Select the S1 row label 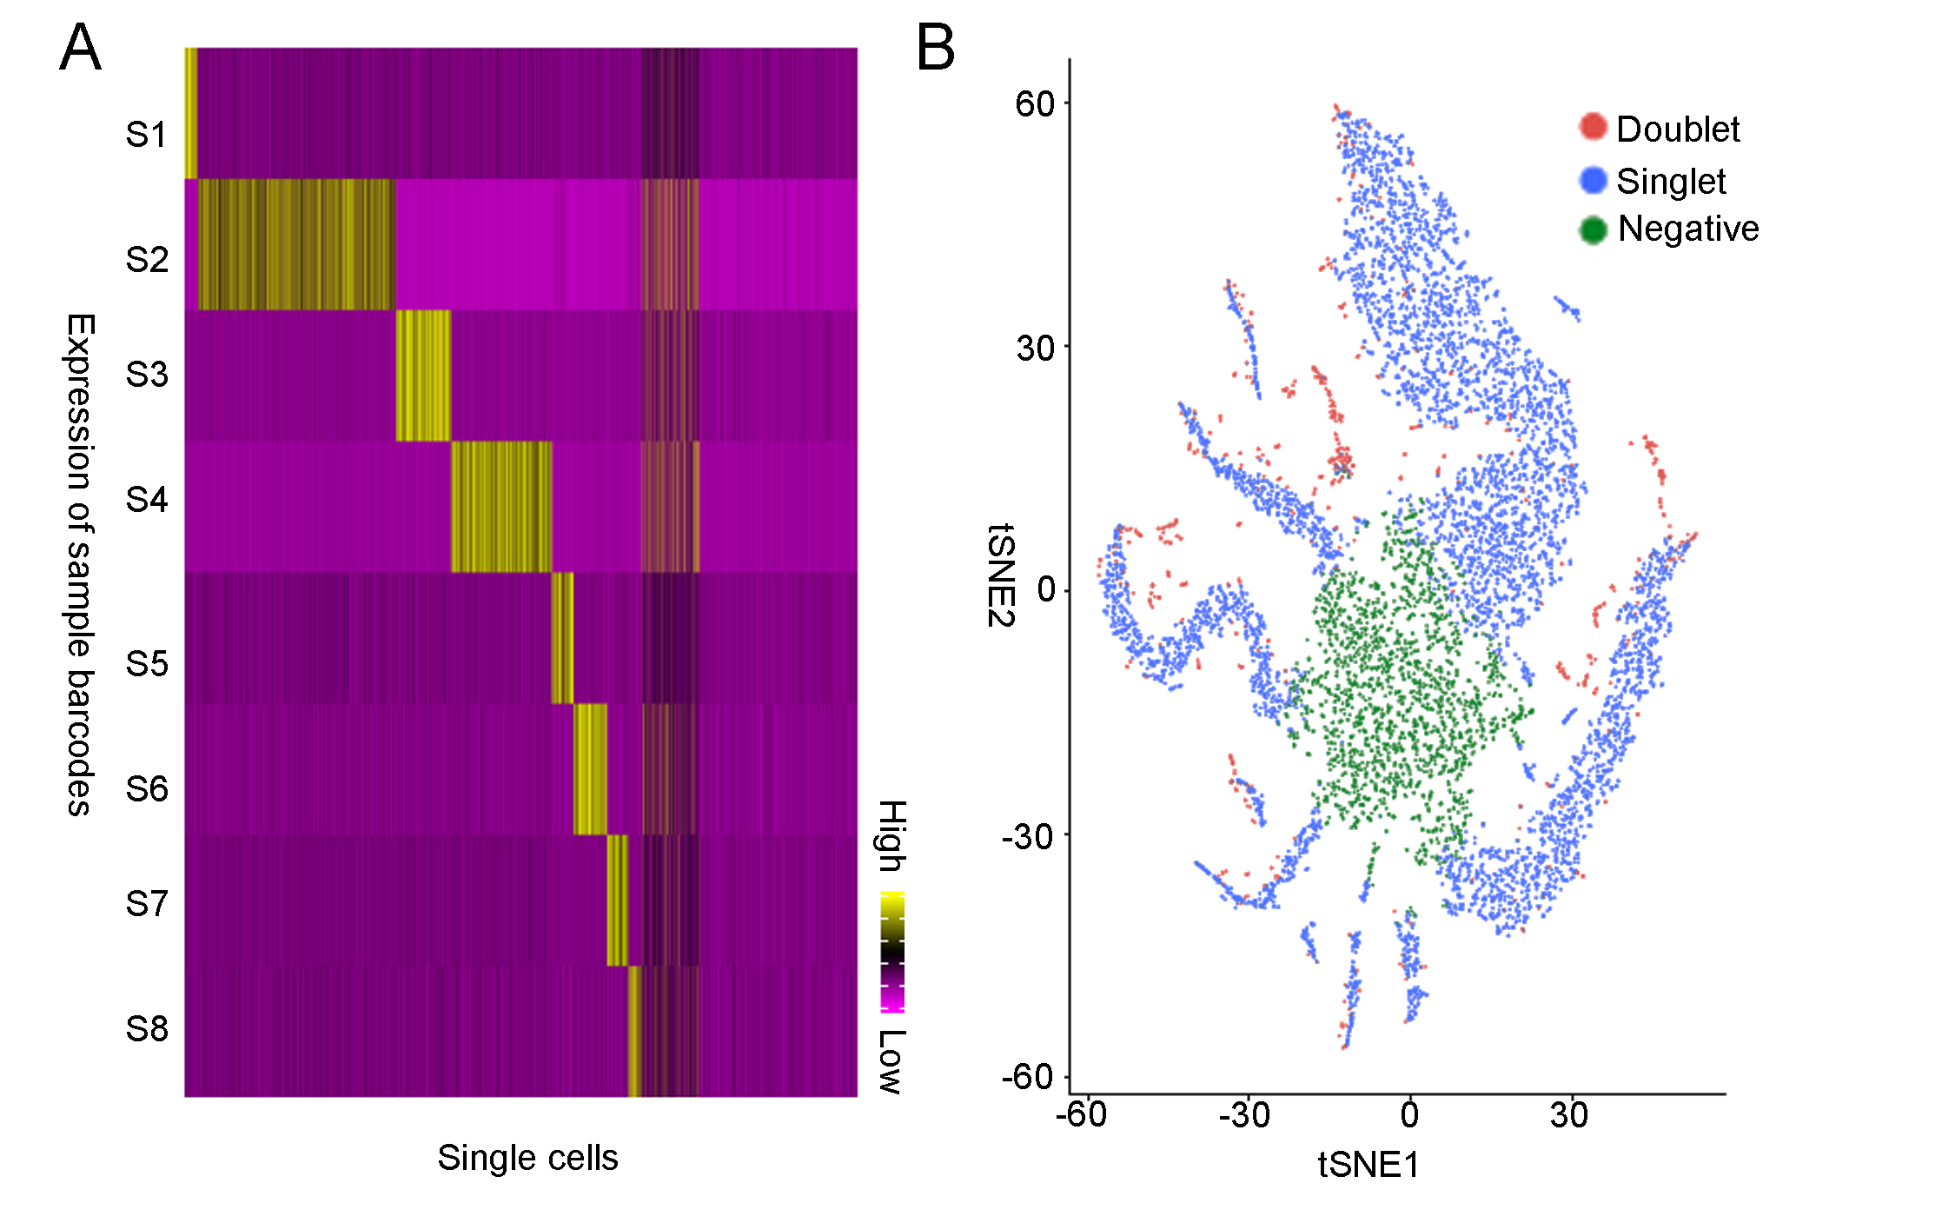(146, 135)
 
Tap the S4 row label (146, 500)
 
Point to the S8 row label (146, 1028)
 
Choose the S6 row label (146, 789)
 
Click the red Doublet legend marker (1593, 127)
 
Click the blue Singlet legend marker (1593, 180)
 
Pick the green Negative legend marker (1593, 229)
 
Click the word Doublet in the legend (1678, 130)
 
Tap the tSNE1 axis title (1368, 1165)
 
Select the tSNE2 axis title (1001, 575)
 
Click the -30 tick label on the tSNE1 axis (1244, 1114)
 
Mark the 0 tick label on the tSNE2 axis (1046, 589)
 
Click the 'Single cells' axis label (527, 1158)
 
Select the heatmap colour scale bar (892, 952)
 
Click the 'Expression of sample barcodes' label (80, 565)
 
